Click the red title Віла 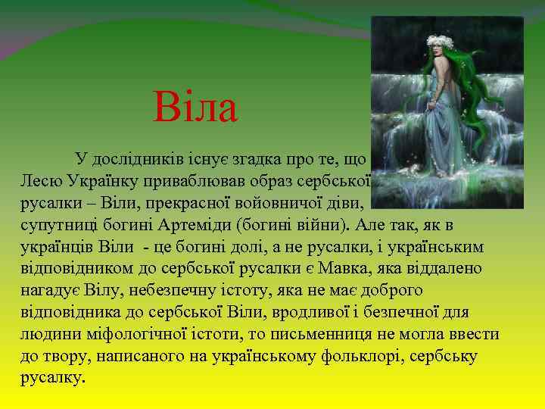pos(195,108)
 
